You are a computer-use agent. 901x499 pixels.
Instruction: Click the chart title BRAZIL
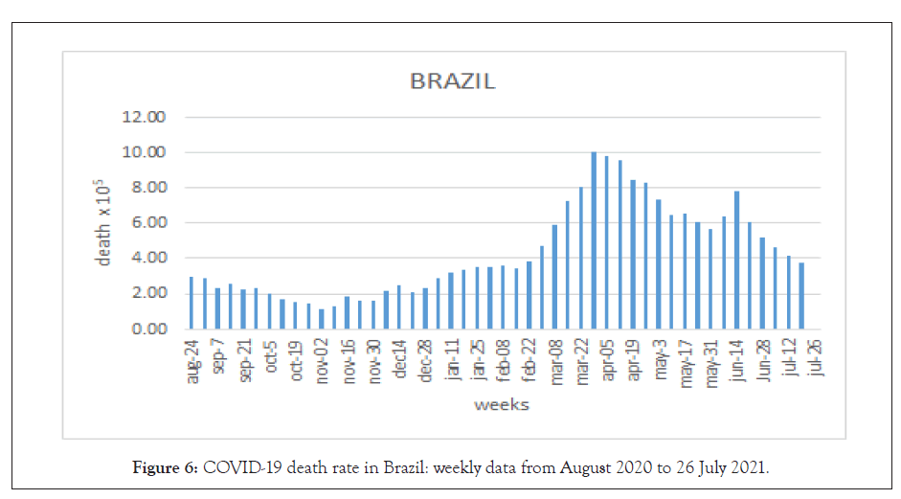[x=453, y=81]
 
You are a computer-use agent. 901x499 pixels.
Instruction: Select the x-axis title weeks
[x=502, y=405]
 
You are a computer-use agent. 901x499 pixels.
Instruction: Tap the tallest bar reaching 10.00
[x=594, y=240]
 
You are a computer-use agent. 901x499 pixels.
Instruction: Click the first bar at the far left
[x=191, y=303]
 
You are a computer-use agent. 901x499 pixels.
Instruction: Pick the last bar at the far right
[x=801, y=296]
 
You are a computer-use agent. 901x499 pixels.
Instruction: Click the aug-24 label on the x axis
[x=194, y=361]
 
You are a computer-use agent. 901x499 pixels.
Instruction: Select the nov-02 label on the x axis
[x=324, y=361]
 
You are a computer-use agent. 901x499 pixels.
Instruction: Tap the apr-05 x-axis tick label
[x=608, y=360]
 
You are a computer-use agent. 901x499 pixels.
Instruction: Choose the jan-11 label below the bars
[x=453, y=360]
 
